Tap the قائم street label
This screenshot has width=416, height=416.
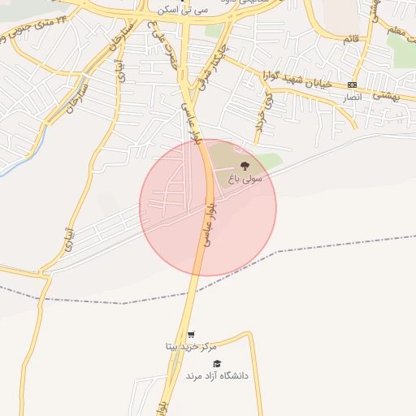point(351,39)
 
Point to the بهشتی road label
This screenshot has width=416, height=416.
point(380,95)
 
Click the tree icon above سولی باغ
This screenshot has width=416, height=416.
point(246,167)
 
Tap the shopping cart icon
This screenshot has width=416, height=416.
point(191,334)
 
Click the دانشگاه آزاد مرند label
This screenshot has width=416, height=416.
point(217,376)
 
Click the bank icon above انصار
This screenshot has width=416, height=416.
point(351,84)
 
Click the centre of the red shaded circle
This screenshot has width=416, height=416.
point(208,207)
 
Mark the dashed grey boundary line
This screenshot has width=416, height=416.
point(325,245)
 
